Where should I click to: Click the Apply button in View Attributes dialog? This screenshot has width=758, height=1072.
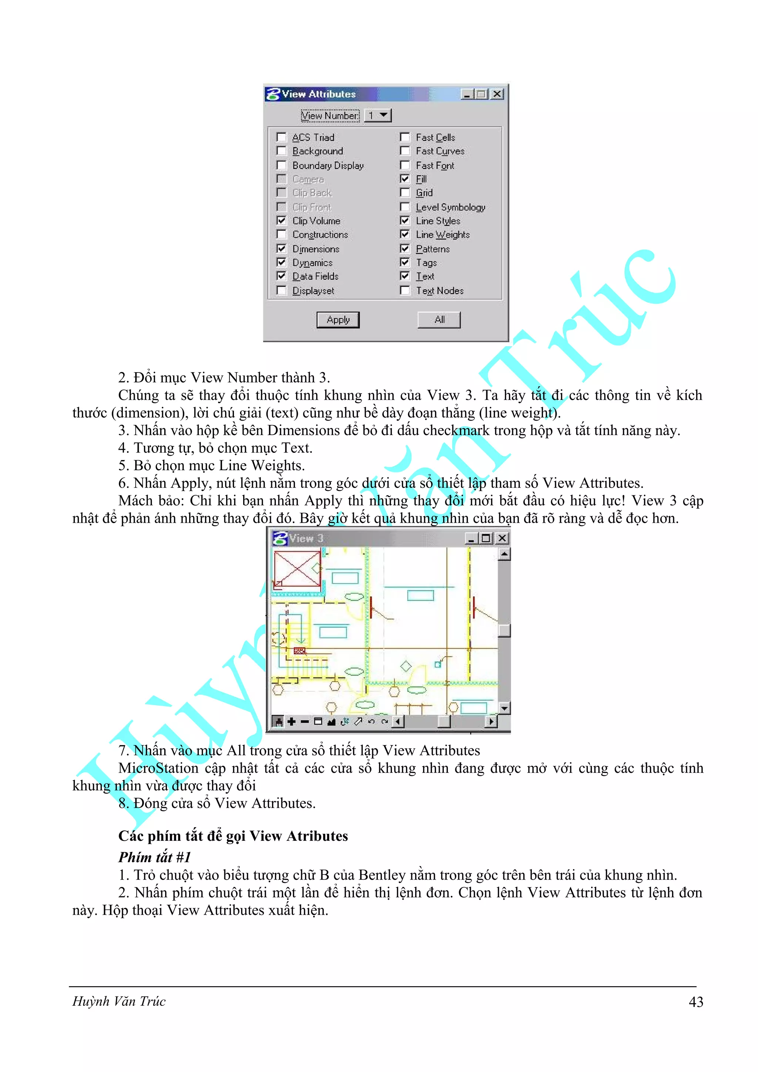click(x=338, y=320)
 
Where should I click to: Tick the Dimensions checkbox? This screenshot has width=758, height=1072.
click(x=281, y=248)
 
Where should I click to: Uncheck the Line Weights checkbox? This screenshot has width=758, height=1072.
click(x=405, y=235)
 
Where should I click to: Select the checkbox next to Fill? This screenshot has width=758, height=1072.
click(x=405, y=179)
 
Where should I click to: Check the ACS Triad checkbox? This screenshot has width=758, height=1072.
click(x=281, y=137)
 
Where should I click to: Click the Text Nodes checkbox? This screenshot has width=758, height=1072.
click(x=405, y=290)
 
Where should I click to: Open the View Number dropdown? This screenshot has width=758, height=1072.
click(x=383, y=115)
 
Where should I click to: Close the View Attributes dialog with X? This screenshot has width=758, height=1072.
click(x=497, y=94)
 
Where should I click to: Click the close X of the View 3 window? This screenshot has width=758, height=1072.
click(x=502, y=538)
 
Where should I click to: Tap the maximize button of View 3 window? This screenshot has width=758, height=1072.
click(x=486, y=538)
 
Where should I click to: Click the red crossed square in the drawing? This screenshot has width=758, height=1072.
click(x=297, y=568)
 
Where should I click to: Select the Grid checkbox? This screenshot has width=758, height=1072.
click(x=405, y=193)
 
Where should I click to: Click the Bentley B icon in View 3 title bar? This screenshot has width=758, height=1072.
click(x=279, y=538)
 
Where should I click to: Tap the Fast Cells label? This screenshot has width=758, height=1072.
click(x=435, y=137)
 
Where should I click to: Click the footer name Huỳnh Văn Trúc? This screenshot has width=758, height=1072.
click(x=119, y=1001)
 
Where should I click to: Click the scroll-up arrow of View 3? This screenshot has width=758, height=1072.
click(x=504, y=554)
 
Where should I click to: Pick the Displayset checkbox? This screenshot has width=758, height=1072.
click(x=281, y=290)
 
